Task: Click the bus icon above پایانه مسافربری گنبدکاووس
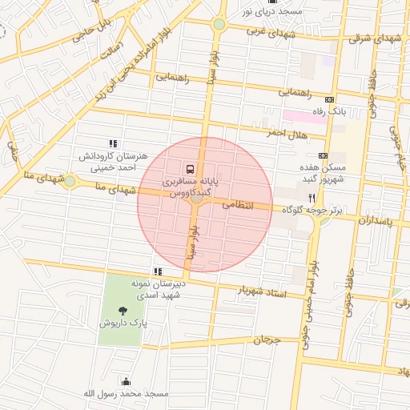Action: click(x=190, y=169)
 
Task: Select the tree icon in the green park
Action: click(x=123, y=311)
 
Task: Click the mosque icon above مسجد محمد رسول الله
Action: click(x=125, y=382)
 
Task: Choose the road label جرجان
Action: click(x=267, y=340)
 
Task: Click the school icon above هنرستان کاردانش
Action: click(x=111, y=143)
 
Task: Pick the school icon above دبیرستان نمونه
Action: click(x=157, y=272)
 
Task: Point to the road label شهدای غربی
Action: click(x=267, y=32)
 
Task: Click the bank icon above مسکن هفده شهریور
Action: click(x=323, y=155)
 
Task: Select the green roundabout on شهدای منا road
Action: click(x=70, y=182)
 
